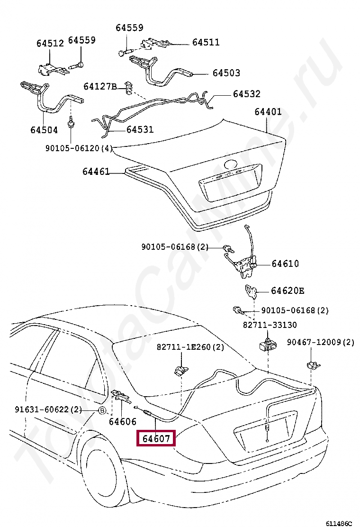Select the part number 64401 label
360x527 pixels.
pos(268,112)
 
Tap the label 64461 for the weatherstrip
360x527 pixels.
pos(96,172)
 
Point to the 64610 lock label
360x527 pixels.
pos(285,263)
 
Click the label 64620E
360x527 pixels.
pos(288,291)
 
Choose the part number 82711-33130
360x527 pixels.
pos(270,325)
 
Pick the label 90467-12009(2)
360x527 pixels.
pos(321,342)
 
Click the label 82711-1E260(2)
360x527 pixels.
pos(190,347)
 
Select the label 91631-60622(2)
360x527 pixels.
pos(48,409)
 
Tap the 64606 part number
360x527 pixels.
pos(122,421)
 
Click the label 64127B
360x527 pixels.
pos(100,87)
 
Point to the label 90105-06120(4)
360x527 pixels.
pos(79,148)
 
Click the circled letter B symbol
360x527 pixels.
pos(102,410)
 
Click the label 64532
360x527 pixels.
pos(246,95)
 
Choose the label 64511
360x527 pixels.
pos(206,42)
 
